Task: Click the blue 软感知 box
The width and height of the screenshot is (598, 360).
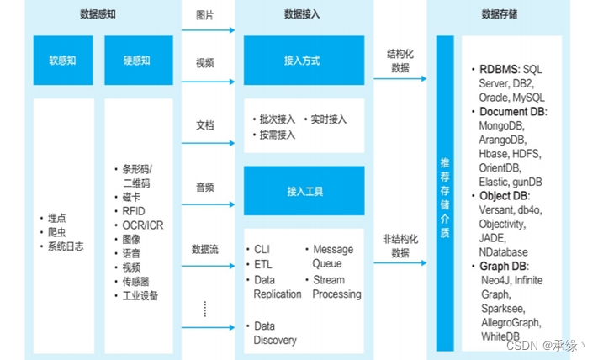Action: (x=63, y=61)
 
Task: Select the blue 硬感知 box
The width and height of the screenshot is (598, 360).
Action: (x=138, y=61)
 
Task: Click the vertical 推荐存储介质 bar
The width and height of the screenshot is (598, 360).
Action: (x=445, y=193)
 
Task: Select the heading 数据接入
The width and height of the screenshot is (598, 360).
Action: (x=302, y=14)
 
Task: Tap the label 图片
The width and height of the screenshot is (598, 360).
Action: (x=204, y=15)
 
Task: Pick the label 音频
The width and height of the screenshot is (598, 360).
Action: (x=204, y=187)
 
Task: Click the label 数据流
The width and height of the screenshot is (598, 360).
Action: (x=204, y=249)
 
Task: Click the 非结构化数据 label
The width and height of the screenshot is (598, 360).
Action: (x=400, y=246)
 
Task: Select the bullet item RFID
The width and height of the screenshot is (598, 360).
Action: (x=135, y=211)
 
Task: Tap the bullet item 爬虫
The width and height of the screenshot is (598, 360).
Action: (x=57, y=231)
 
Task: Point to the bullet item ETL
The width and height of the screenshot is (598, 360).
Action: (x=263, y=265)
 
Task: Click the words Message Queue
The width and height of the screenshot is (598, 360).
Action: (x=333, y=257)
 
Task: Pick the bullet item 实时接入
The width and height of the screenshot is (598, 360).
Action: (x=328, y=119)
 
